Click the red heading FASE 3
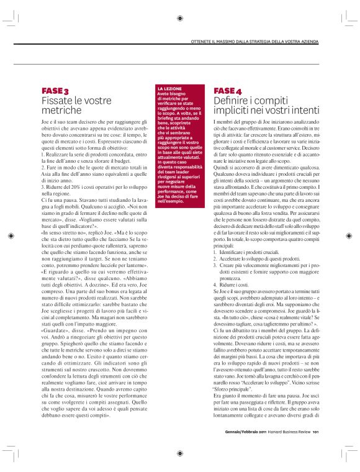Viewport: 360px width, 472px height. click(55, 91)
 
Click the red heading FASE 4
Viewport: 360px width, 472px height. click(232, 91)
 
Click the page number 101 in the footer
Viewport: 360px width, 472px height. click(315, 433)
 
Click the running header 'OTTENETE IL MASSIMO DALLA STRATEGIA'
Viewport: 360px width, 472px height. click(254, 41)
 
